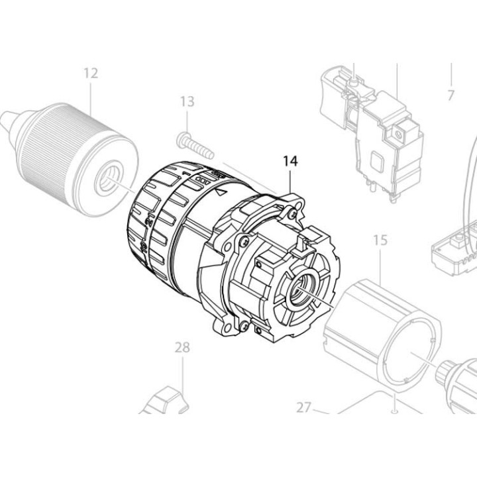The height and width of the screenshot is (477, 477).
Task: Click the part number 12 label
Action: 91,73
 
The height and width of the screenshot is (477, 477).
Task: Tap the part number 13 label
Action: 187,101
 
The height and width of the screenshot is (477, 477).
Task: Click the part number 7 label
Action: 450,95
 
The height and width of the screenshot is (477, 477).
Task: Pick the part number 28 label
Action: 182,346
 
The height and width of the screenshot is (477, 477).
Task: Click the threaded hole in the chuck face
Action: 109,178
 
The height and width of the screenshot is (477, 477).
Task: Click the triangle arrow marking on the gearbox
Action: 221,191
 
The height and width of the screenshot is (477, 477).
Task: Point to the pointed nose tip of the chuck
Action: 5,121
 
